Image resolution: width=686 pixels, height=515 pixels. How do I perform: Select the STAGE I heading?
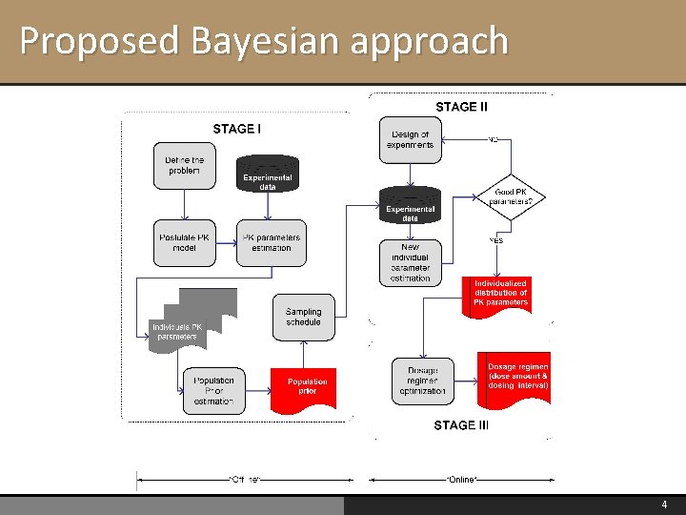[x=237, y=129]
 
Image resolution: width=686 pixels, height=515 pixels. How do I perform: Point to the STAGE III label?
[x=461, y=425]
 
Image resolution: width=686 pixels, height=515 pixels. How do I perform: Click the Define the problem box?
[x=184, y=165]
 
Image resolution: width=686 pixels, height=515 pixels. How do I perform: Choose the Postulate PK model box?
[x=184, y=242]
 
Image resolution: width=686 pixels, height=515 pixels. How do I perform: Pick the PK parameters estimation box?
[x=272, y=242]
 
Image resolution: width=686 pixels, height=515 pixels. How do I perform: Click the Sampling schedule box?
[x=303, y=317]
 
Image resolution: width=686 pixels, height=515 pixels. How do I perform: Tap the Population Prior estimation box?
[x=213, y=390]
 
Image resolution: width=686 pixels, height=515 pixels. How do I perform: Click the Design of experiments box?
[x=410, y=139]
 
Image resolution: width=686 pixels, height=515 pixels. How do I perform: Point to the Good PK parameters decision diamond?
[x=517, y=196]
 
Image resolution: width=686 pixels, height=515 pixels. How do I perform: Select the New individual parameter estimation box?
[x=410, y=262]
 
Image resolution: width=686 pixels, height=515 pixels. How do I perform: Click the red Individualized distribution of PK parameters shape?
[x=500, y=294]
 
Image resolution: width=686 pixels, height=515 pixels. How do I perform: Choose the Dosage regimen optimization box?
[x=423, y=381]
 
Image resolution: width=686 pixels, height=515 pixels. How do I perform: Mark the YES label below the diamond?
[x=495, y=240]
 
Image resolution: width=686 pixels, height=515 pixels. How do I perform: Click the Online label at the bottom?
[x=462, y=478]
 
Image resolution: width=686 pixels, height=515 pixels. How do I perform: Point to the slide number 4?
[x=665, y=505]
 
